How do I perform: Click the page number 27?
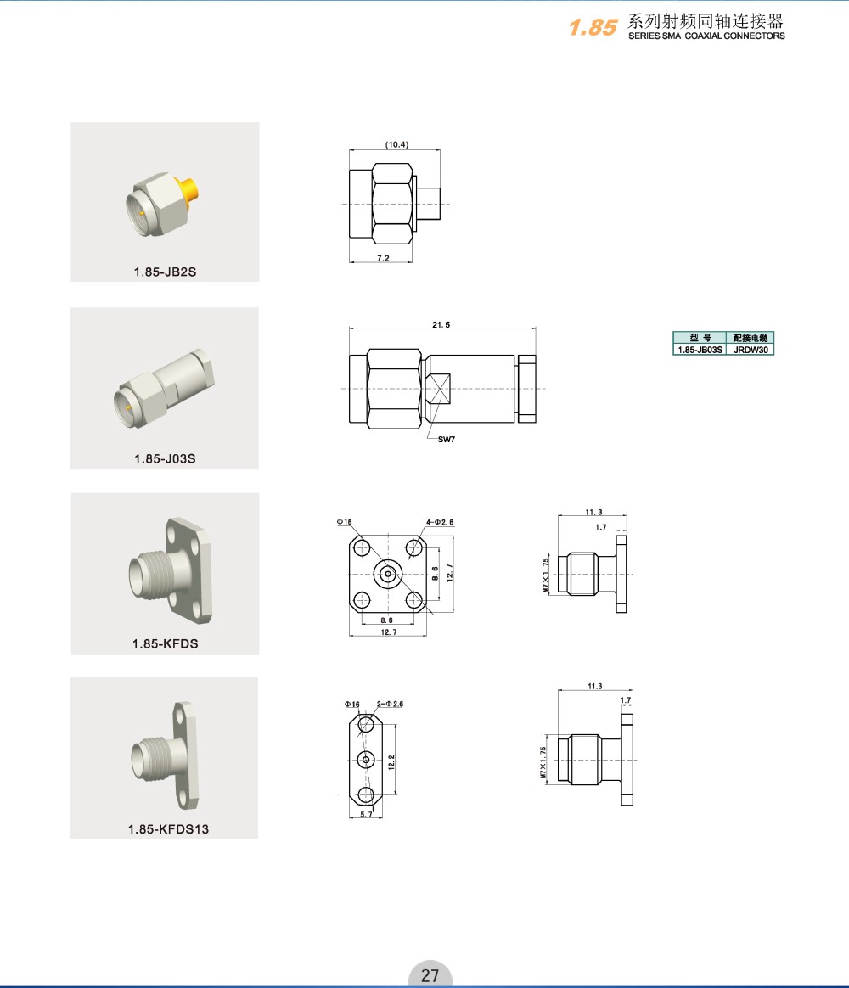[430, 975]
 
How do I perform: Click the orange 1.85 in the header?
[593, 27]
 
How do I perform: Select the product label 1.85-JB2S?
[165, 272]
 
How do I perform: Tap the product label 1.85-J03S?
[165, 458]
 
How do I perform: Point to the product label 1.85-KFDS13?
[168, 829]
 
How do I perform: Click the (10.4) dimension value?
[396, 144]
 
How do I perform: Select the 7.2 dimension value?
[383, 258]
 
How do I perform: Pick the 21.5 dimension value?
[441, 324]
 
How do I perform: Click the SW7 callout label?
[447, 439]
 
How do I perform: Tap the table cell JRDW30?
[751, 350]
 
